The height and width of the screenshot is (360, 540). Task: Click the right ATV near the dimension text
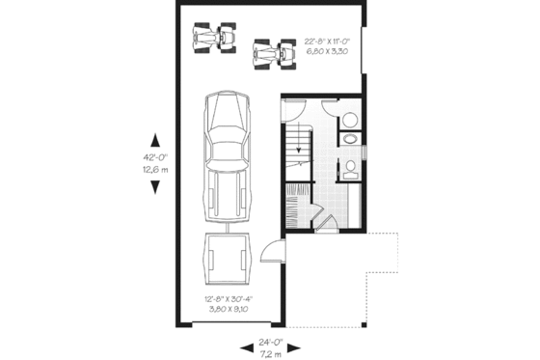[x=273, y=52]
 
